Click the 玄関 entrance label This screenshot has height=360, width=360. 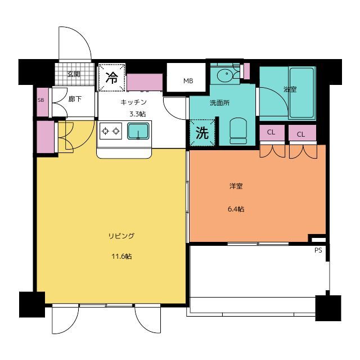pos(74,74)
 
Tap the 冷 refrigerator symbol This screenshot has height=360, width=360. pos(112,78)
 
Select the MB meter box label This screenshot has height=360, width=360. pos(188,81)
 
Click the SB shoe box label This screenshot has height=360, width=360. pos(41,100)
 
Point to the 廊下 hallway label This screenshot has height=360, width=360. pos(75,99)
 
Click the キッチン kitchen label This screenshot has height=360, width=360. pos(133,102)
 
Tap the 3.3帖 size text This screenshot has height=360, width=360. pos(137,114)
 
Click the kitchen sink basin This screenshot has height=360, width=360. pos(138,131)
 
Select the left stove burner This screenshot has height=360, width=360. pos(105,131)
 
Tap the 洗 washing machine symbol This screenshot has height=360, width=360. pos(202,133)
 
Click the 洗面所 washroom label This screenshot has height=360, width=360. pos(219,103)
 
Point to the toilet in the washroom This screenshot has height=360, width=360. pos(238,131)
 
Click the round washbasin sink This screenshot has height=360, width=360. pos(226,74)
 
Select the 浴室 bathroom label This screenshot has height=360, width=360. pos(290,89)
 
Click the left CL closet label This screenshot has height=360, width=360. pos(271,132)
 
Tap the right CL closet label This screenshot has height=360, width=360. pos(301,134)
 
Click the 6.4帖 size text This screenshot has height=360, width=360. pos(236,209)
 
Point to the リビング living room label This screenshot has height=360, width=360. pos(121,236)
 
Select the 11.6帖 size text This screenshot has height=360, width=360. pos(121,256)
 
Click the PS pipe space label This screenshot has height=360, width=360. pos(318,250)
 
